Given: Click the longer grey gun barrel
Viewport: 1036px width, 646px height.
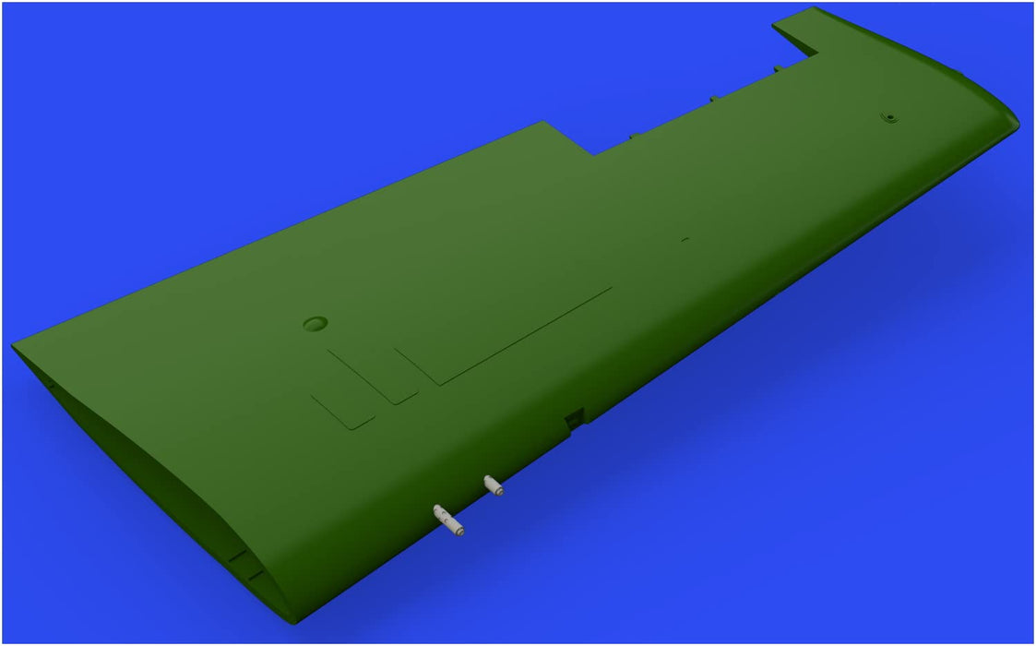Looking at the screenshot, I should point(447,520).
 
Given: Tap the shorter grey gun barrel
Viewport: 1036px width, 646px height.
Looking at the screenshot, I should point(494,484).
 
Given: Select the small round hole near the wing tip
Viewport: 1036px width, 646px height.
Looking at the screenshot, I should point(890,117).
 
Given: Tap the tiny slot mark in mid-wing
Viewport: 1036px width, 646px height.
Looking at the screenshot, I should point(685,240).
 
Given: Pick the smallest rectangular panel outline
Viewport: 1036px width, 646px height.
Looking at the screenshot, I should point(342,411).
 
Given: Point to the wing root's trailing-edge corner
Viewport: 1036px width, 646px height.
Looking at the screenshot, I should point(13,346).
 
